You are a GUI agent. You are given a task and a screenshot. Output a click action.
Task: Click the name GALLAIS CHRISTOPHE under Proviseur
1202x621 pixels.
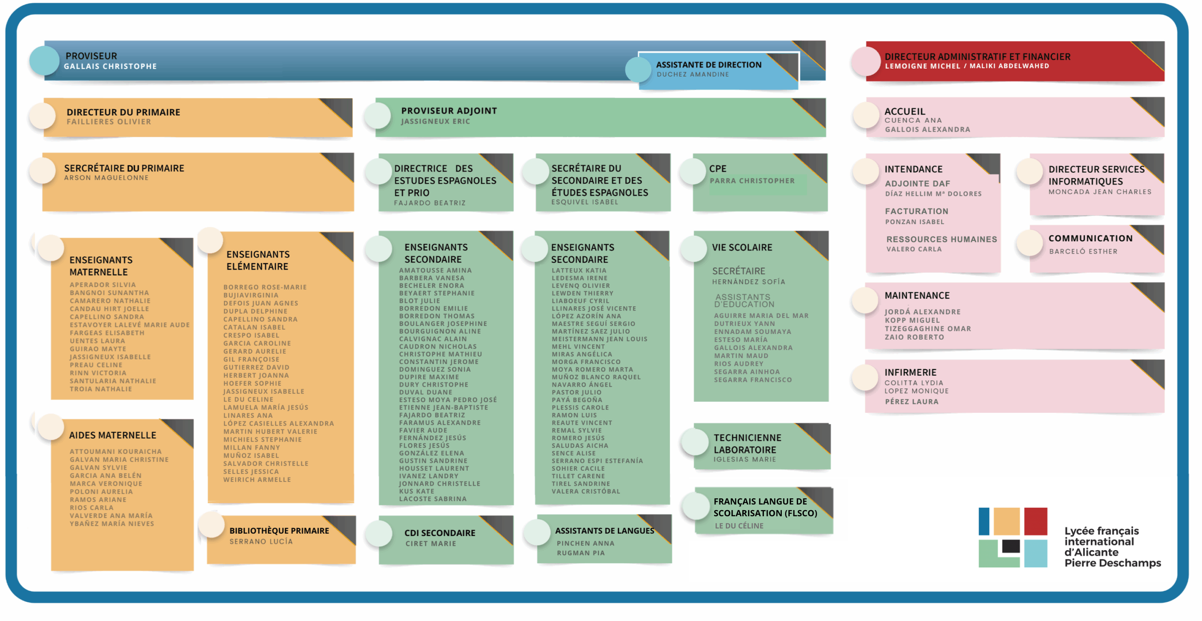click(x=110, y=66)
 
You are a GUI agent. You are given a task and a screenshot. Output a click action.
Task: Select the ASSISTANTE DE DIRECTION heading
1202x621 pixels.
click(x=709, y=65)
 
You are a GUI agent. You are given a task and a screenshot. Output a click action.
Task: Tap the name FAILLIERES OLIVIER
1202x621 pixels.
click(x=109, y=122)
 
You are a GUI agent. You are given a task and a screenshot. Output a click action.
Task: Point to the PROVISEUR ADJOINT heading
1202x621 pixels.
click(x=449, y=111)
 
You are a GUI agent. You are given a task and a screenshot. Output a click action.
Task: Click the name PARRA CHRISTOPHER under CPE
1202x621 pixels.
click(x=752, y=181)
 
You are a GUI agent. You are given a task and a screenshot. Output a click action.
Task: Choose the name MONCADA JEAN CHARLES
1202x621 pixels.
click(x=1100, y=192)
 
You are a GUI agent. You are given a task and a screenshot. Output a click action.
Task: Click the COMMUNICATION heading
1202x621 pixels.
click(x=1090, y=239)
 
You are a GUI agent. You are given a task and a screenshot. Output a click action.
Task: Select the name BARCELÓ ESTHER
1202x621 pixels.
click(x=1083, y=251)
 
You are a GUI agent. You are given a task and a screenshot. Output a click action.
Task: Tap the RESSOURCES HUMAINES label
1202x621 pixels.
click(x=941, y=239)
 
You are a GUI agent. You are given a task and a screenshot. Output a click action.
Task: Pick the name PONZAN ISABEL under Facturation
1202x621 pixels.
click(x=914, y=222)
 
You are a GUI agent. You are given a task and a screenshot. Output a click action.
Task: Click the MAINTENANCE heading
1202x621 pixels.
click(x=917, y=295)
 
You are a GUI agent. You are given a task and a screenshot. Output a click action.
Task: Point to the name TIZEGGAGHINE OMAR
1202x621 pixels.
click(x=928, y=329)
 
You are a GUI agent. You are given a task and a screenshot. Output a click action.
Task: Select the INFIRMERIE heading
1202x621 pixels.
click(x=910, y=373)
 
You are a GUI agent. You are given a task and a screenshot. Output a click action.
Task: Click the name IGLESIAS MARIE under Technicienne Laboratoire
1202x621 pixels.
click(x=745, y=459)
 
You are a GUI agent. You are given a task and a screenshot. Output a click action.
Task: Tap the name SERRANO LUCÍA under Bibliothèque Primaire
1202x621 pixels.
click(x=261, y=542)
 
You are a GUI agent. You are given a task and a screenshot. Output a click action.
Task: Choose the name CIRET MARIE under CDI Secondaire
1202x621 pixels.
click(x=431, y=543)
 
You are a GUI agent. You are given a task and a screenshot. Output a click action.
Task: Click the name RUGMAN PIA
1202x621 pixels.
click(x=580, y=553)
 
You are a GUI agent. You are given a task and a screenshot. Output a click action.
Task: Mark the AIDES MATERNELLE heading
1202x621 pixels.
click(x=113, y=435)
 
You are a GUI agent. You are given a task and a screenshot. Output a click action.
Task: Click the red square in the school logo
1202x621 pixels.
click(x=1035, y=521)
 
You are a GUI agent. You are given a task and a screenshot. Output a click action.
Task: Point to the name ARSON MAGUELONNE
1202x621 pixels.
click(x=106, y=178)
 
